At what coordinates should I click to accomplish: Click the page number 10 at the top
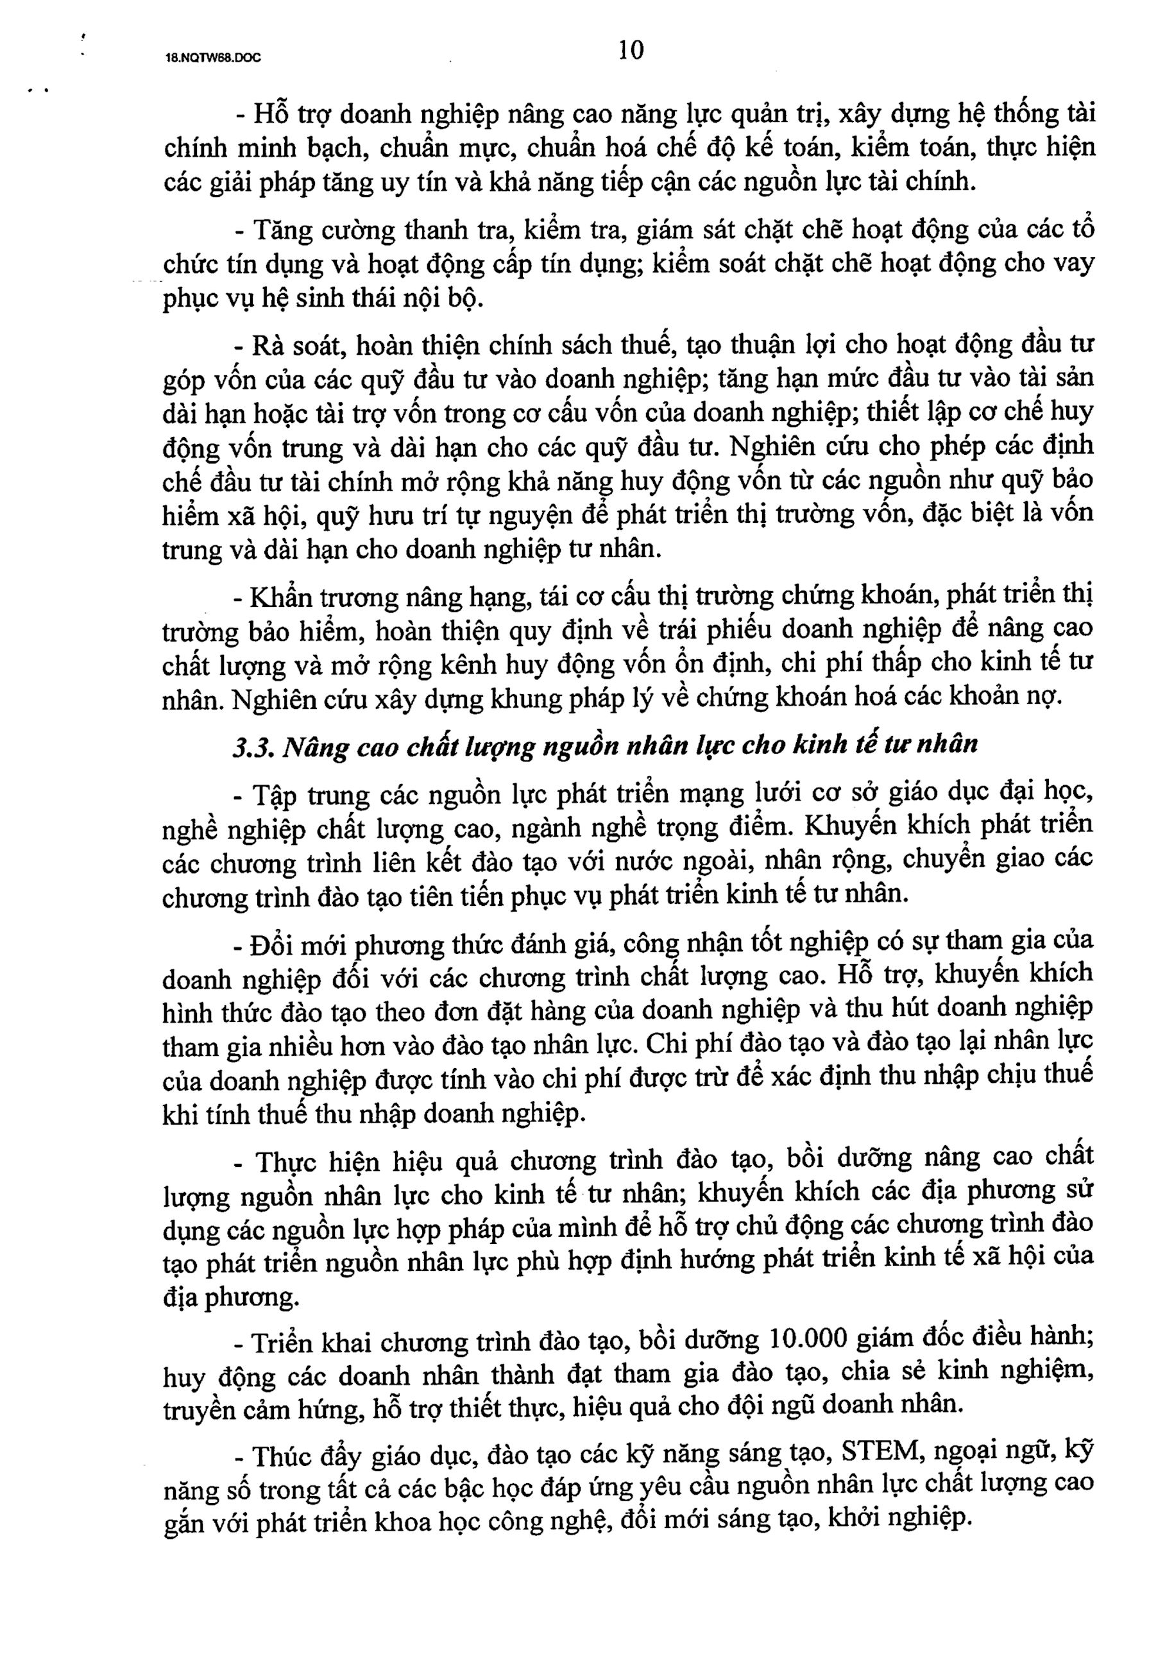[x=631, y=50]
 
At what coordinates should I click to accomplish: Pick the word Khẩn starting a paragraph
[x=274, y=597]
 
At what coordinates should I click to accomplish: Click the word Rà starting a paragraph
[x=261, y=345]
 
